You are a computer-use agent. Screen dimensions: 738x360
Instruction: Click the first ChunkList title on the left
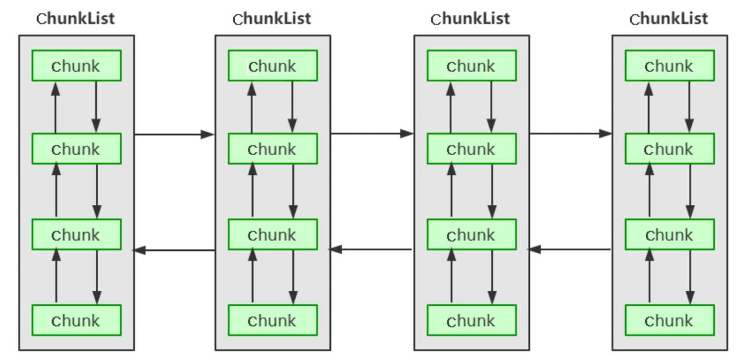point(76,18)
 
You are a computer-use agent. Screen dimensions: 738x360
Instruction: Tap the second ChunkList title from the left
point(272,18)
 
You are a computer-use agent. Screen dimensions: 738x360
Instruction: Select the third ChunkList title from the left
point(470,18)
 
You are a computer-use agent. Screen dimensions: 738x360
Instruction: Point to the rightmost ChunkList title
point(668,18)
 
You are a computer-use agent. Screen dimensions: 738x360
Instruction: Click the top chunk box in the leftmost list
point(77,65)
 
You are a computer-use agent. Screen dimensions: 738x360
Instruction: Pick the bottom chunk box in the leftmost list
point(77,320)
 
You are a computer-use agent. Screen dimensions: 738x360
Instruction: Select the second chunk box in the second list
point(273,149)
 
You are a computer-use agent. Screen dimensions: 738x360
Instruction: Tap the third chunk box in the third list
point(472,234)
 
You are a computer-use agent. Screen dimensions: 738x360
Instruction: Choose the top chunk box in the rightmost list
point(670,65)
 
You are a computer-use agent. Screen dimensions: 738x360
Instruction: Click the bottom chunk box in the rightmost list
point(670,320)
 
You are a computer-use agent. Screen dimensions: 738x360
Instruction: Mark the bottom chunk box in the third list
point(472,320)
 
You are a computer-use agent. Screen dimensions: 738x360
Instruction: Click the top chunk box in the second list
point(273,65)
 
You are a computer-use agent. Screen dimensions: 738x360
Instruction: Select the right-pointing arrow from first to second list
point(174,134)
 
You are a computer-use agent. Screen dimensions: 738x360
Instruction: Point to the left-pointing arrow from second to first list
point(174,250)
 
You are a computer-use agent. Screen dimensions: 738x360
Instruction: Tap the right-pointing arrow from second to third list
point(372,133)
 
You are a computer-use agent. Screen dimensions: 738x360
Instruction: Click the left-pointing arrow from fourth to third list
point(570,249)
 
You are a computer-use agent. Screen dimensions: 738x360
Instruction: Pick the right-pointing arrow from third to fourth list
point(571,133)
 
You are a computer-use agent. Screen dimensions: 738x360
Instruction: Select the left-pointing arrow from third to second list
point(371,249)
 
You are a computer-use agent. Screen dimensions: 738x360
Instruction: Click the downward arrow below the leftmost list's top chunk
point(96,107)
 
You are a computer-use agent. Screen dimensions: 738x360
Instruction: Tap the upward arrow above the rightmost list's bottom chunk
point(649,276)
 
